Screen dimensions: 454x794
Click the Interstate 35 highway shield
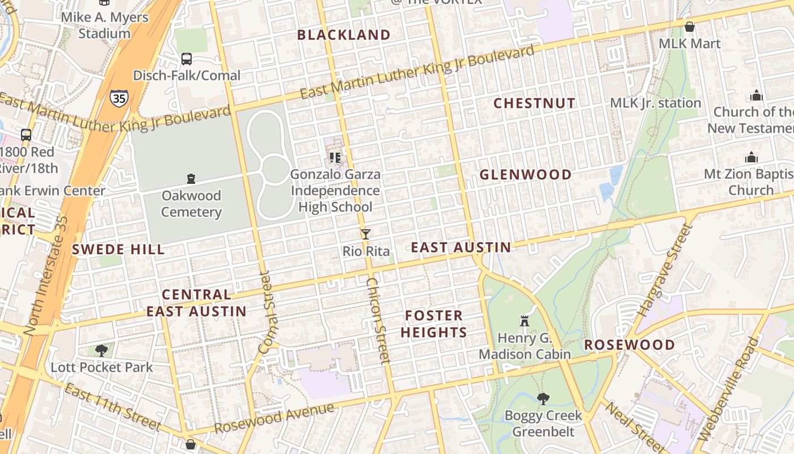(x=119, y=97)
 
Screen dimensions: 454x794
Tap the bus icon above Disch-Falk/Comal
(x=187, y=58)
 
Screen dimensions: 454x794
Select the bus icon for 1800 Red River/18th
(x=26, y=135)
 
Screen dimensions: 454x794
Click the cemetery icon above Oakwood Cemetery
(x=191, y=179)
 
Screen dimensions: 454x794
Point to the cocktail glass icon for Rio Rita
(x=366, y=234)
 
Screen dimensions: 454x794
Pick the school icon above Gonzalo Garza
(x=335, y=157)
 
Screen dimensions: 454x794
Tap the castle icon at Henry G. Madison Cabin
(x=525, y=321)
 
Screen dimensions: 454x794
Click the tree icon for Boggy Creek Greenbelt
(x=543, y=398)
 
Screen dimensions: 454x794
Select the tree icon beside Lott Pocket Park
(x=102, y=350)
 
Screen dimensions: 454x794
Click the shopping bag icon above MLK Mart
(x=690, y=27)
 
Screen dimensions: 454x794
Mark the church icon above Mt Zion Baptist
(x=751, y=157)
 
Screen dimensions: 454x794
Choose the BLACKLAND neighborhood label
(x=344, y=35)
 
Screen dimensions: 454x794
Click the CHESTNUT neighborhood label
(x=534, y=103)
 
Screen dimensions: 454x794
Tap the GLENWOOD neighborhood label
(x=526, y=174)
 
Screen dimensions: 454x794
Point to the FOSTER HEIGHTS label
(x=434, y=323)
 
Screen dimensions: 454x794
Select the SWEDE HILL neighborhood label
(x=119, y=249)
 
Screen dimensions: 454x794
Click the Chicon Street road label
(x=378, y=320)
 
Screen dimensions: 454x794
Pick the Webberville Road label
(x=729, y=389)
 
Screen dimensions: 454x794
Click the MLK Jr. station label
(x=656, y=103)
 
